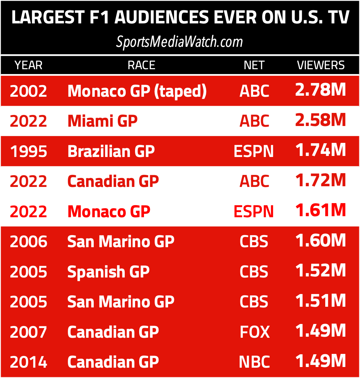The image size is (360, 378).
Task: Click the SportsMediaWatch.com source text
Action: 179,42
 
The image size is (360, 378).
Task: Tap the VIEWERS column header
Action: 321,65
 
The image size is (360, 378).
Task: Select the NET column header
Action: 254,65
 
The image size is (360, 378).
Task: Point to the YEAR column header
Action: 28,65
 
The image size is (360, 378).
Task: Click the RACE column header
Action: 141,65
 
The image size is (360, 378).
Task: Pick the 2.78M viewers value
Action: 320,90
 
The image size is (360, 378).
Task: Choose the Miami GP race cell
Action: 102,121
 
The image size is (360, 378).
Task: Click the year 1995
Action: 28,151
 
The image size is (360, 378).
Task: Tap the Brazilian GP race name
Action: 111,151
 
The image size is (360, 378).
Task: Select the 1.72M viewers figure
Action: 320,180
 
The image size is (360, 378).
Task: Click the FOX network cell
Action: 254,332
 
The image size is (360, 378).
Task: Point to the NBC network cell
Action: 254,362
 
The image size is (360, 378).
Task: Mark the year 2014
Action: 28,362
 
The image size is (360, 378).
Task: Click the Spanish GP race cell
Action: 108,272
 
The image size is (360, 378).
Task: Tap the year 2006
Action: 28,242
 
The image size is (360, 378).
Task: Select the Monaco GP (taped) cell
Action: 137,91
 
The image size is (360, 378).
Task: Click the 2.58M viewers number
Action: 320,120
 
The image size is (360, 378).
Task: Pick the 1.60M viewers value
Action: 320,241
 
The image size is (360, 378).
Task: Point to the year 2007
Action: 28,332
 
